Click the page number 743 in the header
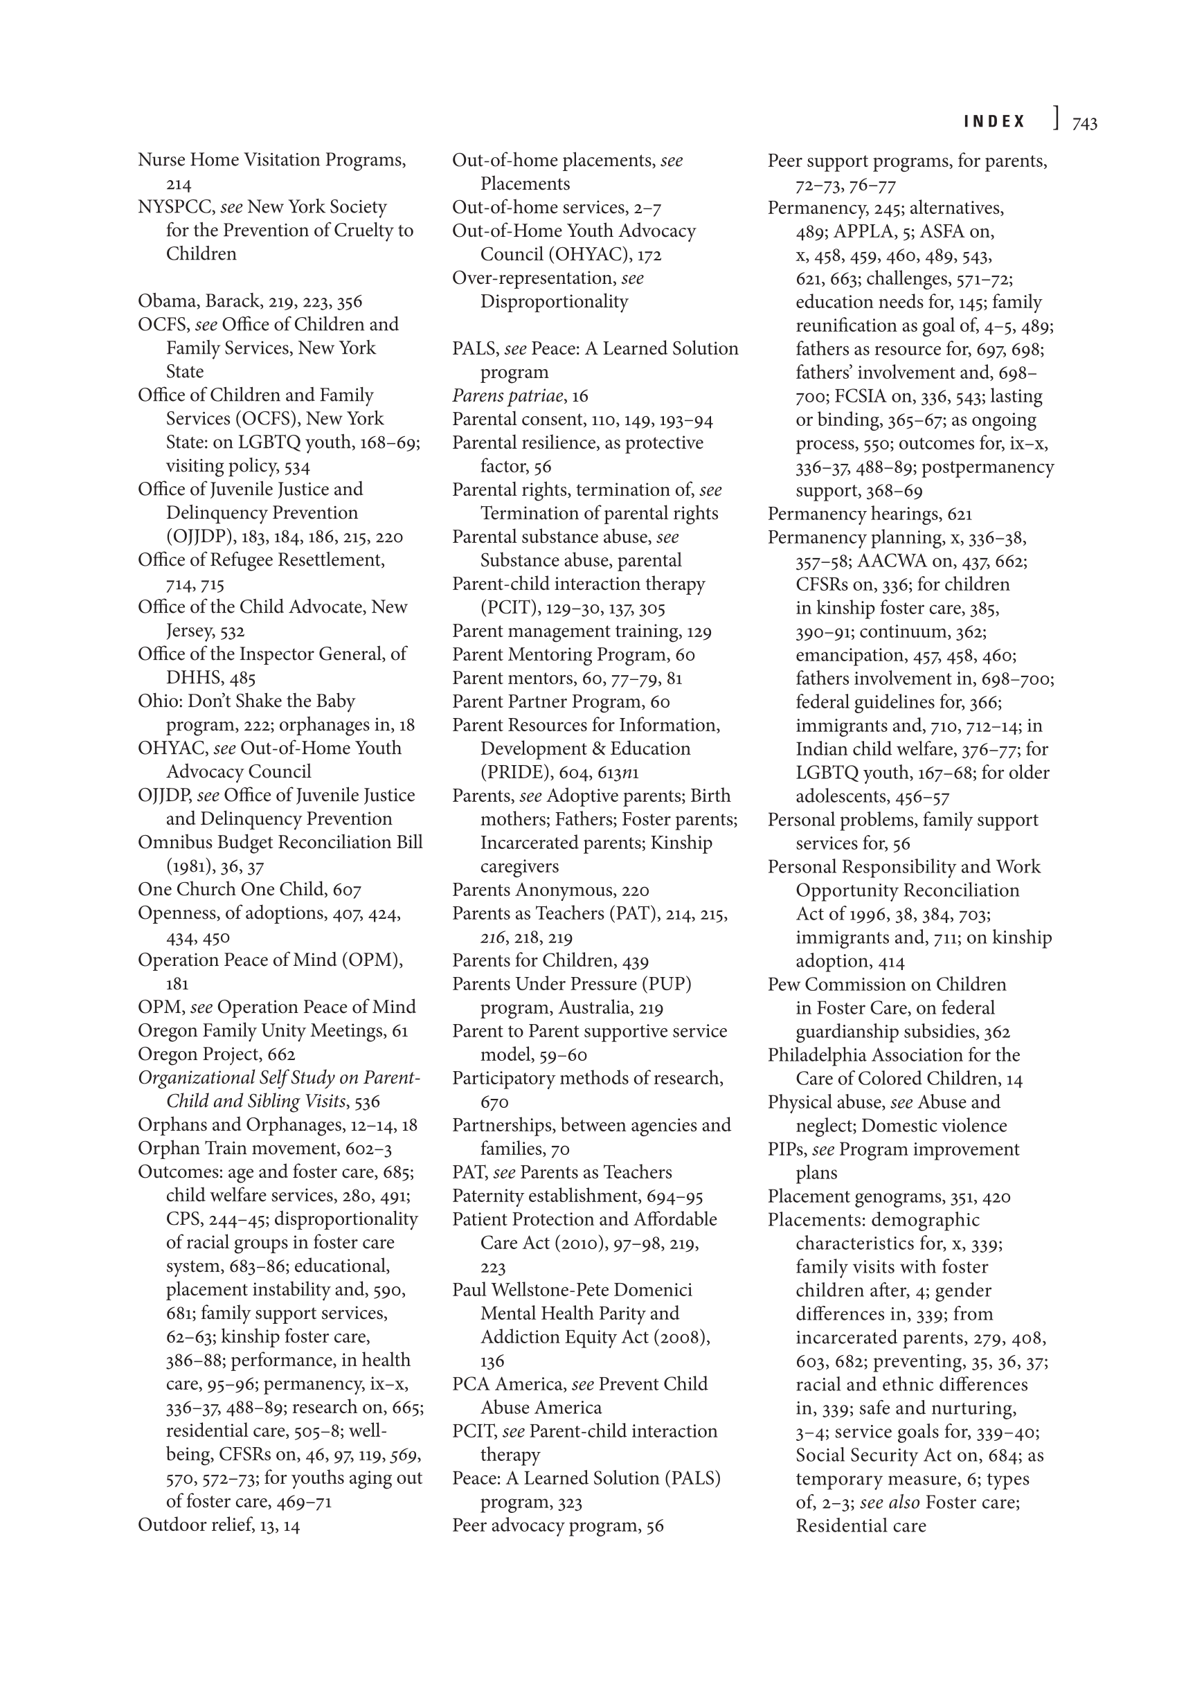[x=1084, y=123]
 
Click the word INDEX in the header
[x=994, y=122]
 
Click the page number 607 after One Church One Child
[x=347, y=890]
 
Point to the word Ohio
[x=154, y=701]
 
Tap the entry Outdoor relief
[x=195, y=1525]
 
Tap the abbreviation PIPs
[x=785, y=1149]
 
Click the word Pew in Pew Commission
[x=781, y=984]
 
